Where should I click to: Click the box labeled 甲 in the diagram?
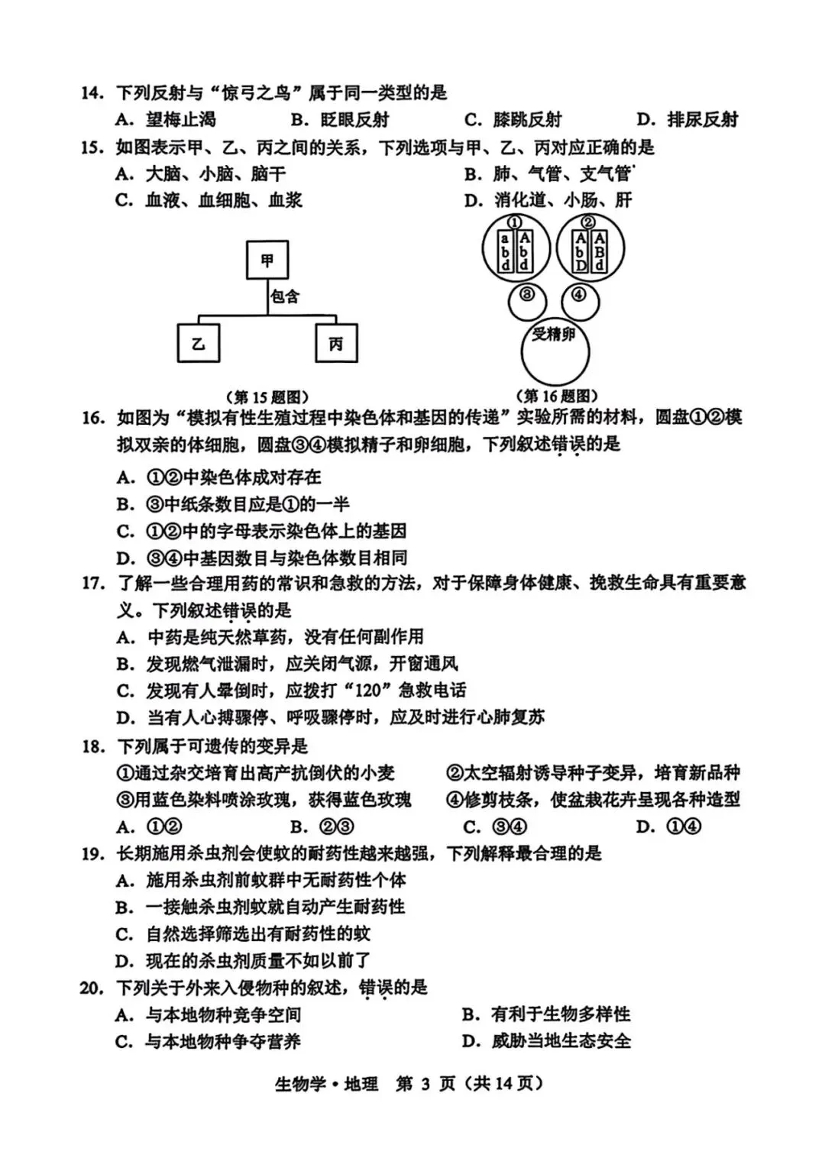pos(267,260)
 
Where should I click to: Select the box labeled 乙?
pos(199,343)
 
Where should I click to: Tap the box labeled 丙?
pos(336,344)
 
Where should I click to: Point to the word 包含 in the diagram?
pos(285,296)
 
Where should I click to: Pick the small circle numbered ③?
pos(526,300)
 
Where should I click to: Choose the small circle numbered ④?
pos(580,299)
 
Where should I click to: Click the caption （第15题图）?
pos(267,397)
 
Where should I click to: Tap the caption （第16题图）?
pos(557,396)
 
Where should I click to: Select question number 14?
pos(92,93)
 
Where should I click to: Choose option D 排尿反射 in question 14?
pos(687,119)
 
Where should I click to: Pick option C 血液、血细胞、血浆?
pos(209,200)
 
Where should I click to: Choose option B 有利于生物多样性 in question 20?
pos(547,1014)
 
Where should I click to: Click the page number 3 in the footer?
pos(425,1083)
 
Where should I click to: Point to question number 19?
pos(92,853)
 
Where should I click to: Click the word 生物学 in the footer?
pos(300,1083)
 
